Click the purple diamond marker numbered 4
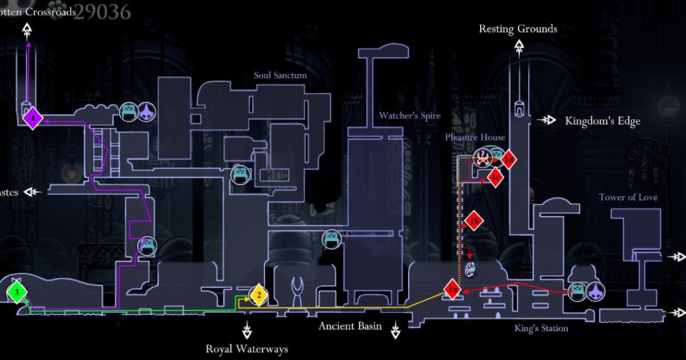(x=33, y=118)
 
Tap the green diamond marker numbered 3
(x=17, y=294)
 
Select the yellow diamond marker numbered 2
(x=258, y=295)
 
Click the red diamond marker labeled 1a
(x=452, y=290)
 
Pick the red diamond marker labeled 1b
(x=473, y=221)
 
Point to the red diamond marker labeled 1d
(x=509, y=160)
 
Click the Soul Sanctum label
(x=280, y=75)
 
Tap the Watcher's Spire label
(x=410, y=115)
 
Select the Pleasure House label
(x=475, y=137)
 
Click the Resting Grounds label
(x=518, y=29)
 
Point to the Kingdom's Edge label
(x=603, y=121)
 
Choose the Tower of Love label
(x=628, y=197)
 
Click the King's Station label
(x=541, y=329)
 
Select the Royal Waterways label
(x=247, y=349)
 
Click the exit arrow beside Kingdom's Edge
(x=548, y=120)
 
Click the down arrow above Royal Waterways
(x=247, y=330)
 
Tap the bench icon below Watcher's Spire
(x=332, y=239)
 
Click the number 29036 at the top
(x=103, y=11)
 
